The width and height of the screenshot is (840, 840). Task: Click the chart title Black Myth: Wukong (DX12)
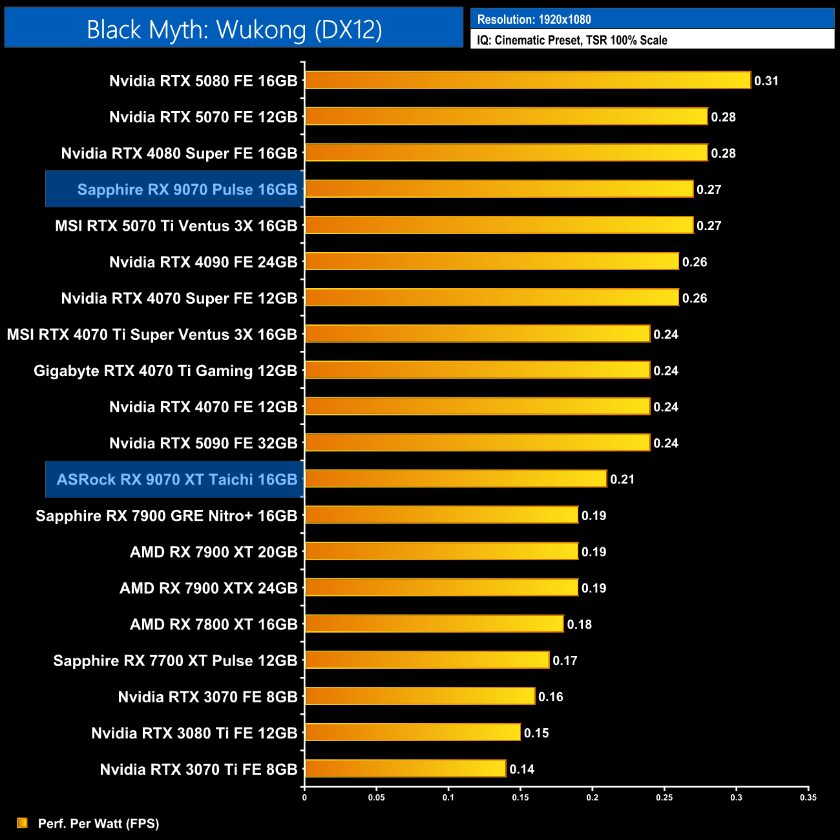click(x=234, y=30)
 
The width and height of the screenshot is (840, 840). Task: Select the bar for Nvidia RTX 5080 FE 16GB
click(x=527, y=80)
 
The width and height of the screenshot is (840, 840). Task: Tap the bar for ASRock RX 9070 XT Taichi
click(x=456, y=479)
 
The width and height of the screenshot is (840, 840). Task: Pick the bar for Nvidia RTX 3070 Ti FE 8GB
click(x=405, y=769)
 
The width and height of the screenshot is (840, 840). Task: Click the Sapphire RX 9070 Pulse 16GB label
click(x=187, y=189)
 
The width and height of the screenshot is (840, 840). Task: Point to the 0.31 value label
click(x=766, y=81)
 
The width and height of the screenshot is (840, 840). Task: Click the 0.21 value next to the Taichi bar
click(x=622, y=479)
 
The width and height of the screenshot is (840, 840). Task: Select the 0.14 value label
click(x=522, y=770)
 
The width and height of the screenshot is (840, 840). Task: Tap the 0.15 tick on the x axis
click(x=520, y=797)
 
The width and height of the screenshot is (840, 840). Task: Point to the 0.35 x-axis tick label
click(x=808, y=797)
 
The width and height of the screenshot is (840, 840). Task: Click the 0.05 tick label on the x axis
click(x=377, y=797)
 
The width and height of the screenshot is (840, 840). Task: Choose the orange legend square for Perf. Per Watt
click(x=22, y=823)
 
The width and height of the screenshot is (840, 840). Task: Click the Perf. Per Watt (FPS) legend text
click(x=98, y=823)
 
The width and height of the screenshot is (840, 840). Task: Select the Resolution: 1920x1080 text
click(x=534, y=19)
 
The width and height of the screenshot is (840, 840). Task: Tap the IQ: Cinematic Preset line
click(x=572, y=40)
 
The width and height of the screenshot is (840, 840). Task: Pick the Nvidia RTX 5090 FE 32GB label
click(x=203, y=443)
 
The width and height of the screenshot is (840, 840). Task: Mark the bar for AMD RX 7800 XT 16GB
click(x=434, y=624)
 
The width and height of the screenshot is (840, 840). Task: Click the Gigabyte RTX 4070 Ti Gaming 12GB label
click(x=165, y=371)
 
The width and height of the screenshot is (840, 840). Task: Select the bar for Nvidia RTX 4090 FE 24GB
click(x=492, y=261)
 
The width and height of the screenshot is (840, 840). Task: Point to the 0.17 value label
click(x=565, y=660)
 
